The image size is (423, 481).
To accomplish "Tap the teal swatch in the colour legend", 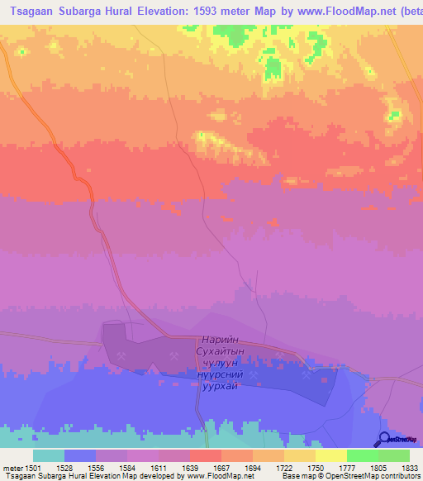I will [x=49, y=455].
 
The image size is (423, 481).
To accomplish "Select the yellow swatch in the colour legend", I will [x=330, y=455].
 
